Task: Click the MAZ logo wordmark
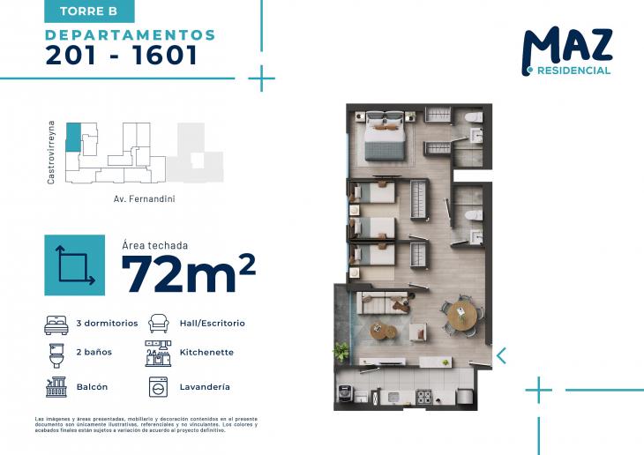[566, 46]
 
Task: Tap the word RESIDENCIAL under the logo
[573, 71]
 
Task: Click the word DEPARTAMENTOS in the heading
[131, 35]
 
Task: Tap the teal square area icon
[76, 265]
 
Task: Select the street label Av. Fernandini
[145, 199]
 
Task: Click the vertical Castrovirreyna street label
[52, 153]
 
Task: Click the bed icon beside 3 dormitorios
[56, 324]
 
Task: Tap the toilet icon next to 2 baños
[56, 354]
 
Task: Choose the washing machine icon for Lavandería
[157, 387]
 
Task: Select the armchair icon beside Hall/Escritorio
[158, 324]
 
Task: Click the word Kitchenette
[206, 353]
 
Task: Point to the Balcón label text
[93, 387]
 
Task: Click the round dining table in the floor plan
[461, 313]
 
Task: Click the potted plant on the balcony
[341, 352]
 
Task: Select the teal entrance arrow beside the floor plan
[501, 355]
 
